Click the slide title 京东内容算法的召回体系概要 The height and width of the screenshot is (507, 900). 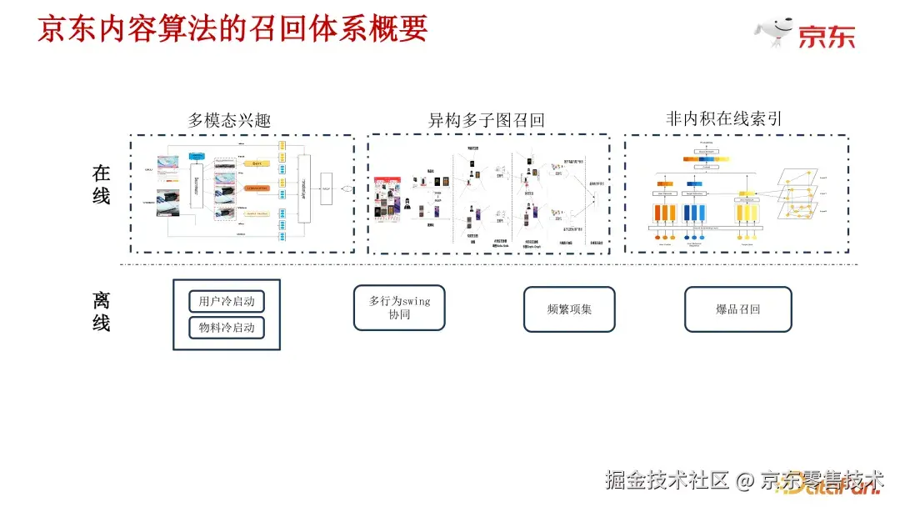pyautogui.click(x=232, y=28)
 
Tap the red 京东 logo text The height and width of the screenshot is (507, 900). pyautogui.click(x=826, y=37)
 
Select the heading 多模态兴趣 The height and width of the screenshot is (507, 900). pyautogui.click(x=229, y=120)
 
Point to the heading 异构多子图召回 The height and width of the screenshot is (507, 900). pyautogui.click(x=486, y=120)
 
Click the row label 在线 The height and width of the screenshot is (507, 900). pyautogui.click(x=101, y=185)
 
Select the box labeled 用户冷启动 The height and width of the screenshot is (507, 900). pyautogui.click(x=226, y=301)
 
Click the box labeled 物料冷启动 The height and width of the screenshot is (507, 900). pyautogui.click(x=226, y=328)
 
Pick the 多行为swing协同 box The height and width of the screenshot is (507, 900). pyautogui.click(x=399, y=308)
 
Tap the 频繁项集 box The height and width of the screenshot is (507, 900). pyautogui.click(x=569, y=309)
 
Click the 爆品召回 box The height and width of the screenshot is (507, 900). pyautogui.click(x=737, y=309)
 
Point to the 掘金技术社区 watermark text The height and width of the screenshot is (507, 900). pyautogui.click(x=667, y=480)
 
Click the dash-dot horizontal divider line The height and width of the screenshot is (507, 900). pyautogui.click(x=492, y=265)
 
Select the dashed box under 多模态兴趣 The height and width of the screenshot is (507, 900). pyautogui.click(x=242, y=193)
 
